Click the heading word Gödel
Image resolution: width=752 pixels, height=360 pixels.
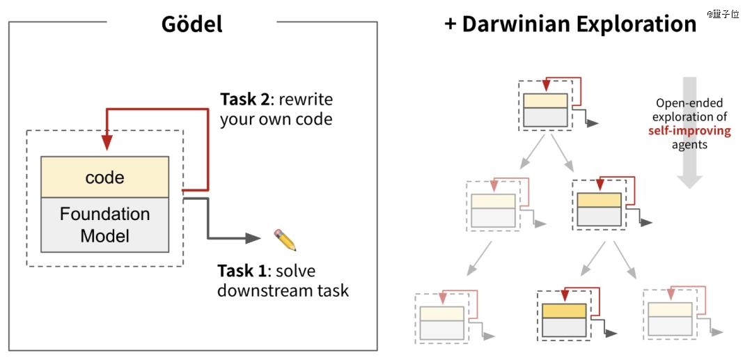point(192,24)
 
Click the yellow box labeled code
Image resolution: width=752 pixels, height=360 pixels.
point(104,177)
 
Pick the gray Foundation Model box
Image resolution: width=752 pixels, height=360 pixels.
point(104,225)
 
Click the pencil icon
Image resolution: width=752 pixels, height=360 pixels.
point(285,240)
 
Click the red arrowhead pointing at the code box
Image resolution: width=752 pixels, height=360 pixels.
point(107,142)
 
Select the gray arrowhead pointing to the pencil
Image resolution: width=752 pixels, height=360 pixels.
point(253,237)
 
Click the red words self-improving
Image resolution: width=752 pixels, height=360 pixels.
point(689,131)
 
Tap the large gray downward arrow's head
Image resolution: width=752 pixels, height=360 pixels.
point(689,181)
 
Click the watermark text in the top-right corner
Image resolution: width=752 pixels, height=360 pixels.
point(723,15)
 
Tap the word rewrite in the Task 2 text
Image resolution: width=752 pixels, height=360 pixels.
point(306,100)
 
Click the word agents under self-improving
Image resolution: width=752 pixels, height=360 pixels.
point(689,145)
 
